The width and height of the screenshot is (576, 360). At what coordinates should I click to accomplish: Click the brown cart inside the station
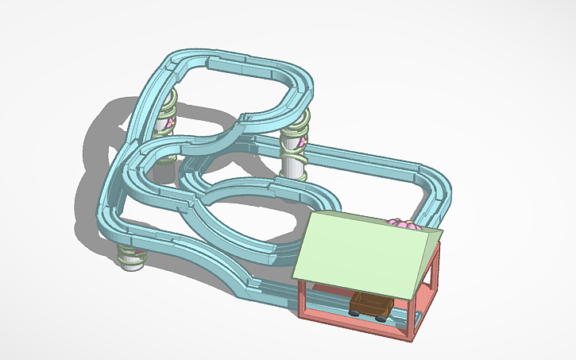[369, 304]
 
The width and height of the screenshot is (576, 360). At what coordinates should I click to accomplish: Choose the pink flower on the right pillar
[303, 143]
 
